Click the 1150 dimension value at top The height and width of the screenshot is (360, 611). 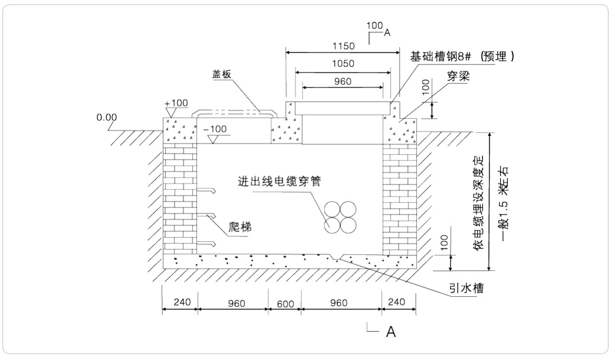click(343, 45)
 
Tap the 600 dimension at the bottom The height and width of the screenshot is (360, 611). click(285, 303)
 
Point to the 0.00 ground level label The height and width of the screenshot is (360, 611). click(107, 117)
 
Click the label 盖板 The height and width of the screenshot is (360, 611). click(221, 74)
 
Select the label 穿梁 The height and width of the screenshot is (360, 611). click(458, 77)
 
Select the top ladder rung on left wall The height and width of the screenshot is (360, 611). click(205, 191)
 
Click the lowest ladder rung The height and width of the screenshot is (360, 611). click(205, 243)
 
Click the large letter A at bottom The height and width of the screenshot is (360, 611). click(390, 332)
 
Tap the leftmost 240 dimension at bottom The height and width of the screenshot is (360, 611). click(180, 303)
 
